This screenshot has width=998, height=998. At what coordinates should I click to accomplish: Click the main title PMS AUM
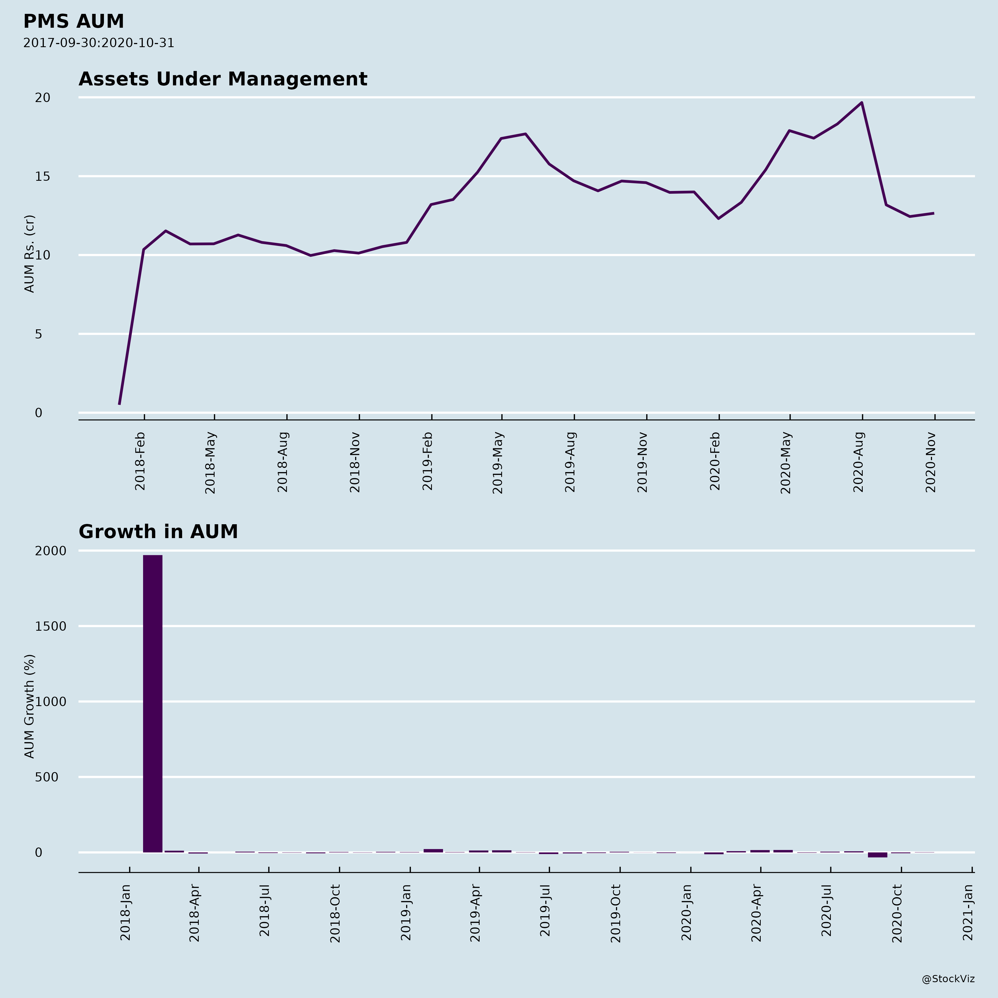73,22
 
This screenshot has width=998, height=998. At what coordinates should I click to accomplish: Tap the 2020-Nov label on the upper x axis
931,462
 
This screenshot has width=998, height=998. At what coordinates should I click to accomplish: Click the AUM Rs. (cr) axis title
29,254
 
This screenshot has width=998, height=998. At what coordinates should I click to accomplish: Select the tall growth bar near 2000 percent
152,702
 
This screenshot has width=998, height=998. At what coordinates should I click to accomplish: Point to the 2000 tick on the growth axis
51,551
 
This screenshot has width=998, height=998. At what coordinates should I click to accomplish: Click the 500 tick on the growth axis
47,777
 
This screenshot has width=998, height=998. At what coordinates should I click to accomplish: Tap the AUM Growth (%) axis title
29,706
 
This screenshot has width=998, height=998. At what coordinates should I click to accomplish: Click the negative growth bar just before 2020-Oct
877,855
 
